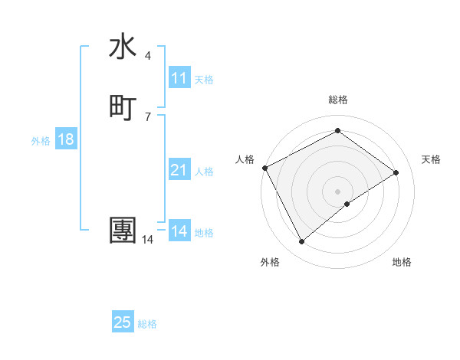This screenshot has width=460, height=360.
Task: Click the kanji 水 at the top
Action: click(x=123, y=47)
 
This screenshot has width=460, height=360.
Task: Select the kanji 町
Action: click(x=123, y=108)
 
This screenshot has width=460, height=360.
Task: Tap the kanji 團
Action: click(x=123, y=231)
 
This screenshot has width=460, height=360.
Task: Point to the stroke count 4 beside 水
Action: click(x=147, y=56)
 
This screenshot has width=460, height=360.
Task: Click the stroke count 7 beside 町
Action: click(x=147, y=117)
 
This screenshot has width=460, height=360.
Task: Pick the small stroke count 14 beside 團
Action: click(x=147, y=240)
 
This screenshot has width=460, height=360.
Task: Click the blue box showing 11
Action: click(x=179, y=78)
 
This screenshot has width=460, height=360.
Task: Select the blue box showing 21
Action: click(x=179, y=170)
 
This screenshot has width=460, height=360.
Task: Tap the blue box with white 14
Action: click(x=179, y=231)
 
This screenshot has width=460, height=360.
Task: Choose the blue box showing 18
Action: click(x=66, y=139)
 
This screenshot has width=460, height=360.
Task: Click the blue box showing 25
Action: click(x=123, y=322)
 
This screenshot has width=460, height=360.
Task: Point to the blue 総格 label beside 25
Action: click(x=147, y=324)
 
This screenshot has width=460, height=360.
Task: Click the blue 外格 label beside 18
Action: click(x=41, y=141)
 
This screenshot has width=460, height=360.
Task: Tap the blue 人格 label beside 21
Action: click(x=205, y=172)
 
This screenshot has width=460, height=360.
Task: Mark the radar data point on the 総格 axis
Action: click(x=337, y=131)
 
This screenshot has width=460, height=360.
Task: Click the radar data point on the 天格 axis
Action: click(x=396, y=172)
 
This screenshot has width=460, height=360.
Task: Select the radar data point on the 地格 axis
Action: click(x=347, y=204)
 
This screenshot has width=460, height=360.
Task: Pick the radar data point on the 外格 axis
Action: click(x=301, y=242)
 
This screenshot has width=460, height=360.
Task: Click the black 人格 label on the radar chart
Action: click(x=245, y=159)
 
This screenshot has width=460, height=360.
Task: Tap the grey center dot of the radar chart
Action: click(x=337, y=191)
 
